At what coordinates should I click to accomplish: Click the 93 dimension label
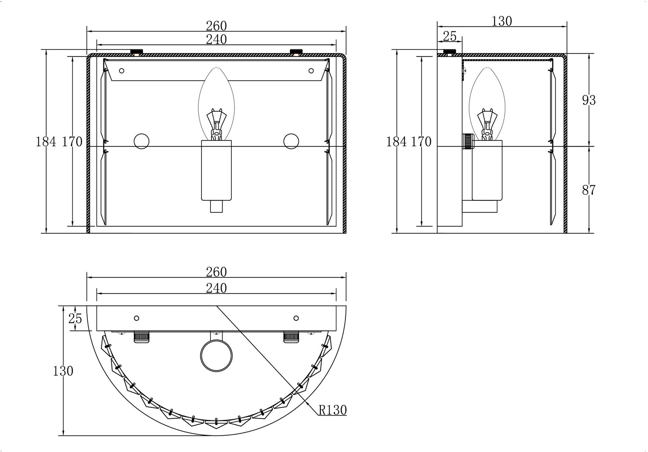(589, 100)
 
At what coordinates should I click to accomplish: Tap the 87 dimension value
(589, 190)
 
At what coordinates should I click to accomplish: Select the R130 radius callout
(333, 410)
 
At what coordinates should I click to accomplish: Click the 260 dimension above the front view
(216, 26)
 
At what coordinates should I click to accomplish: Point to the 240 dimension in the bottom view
(216, 288)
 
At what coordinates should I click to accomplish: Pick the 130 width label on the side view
(502, 21)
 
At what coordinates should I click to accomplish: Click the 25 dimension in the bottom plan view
(75, 319)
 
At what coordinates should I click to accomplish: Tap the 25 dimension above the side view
(449, 36)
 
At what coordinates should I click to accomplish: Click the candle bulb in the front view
(216, 104)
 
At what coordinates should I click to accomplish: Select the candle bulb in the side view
(487, 104)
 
